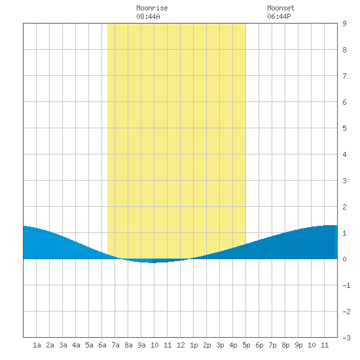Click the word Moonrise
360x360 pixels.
pos(152,8)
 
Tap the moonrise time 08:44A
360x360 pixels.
pos(148,16)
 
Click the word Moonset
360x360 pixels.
pos(281,8)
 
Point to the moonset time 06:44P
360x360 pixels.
pos(279,16)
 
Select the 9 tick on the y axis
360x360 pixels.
pos(344,24)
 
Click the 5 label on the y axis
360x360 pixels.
pos(344,128)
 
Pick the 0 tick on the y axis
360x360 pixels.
pos(344,259)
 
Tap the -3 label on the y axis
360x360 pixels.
pos(347,338)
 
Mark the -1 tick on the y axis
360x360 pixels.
pos(347,285)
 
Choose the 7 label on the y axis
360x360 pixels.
pos(344,76)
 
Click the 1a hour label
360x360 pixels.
pos(37,345)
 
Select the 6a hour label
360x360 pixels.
pos(102,345)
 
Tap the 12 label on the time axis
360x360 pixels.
pos(181,345)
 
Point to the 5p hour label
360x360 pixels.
pos(246,345)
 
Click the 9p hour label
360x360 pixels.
pos(298,345)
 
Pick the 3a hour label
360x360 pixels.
pos(63,345)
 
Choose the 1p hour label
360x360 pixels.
pos(194,345)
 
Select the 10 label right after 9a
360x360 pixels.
pos(154,345)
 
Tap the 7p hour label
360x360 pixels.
pos(272,345)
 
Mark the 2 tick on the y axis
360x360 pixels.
pos(344,207)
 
